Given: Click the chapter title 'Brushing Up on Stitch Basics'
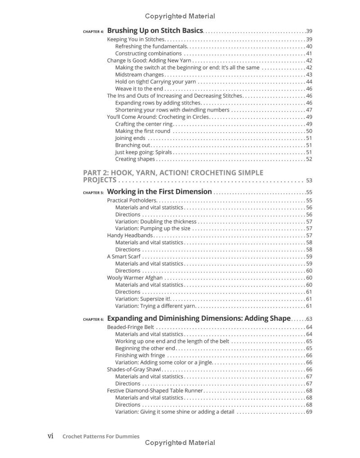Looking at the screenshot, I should [x=155, y=31].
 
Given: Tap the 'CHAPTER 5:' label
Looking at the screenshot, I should [x=93, y=193].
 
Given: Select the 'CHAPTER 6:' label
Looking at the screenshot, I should [x=93, y=319].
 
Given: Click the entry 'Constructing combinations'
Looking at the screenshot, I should [x=148, y=54].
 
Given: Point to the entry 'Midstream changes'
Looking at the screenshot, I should [x=139, y=75].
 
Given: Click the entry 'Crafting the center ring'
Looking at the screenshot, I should [x=144, y=124].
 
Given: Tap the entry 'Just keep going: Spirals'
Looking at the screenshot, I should [x=144, y=152].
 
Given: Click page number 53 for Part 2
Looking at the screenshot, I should [x=309, y=181].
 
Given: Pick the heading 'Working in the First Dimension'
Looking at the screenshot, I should [x=159, y=192].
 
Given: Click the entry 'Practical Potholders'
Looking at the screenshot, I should [x=132, y=201].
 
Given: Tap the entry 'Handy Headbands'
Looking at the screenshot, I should [x=130, y=235].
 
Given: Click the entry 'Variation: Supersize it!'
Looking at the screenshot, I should [x=143, y=299].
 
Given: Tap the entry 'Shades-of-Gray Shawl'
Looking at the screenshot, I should [x=134, y=370].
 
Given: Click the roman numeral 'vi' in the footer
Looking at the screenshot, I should [x=51, y=436].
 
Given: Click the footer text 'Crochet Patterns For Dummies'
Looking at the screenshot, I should [x=101, y=436].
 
